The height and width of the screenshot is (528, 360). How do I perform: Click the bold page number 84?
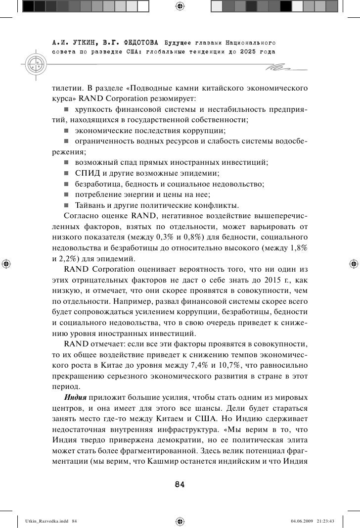[180, 484]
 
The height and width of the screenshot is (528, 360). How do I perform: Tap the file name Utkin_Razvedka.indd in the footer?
[38, 521]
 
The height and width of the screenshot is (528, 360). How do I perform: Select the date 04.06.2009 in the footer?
[303, 521]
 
